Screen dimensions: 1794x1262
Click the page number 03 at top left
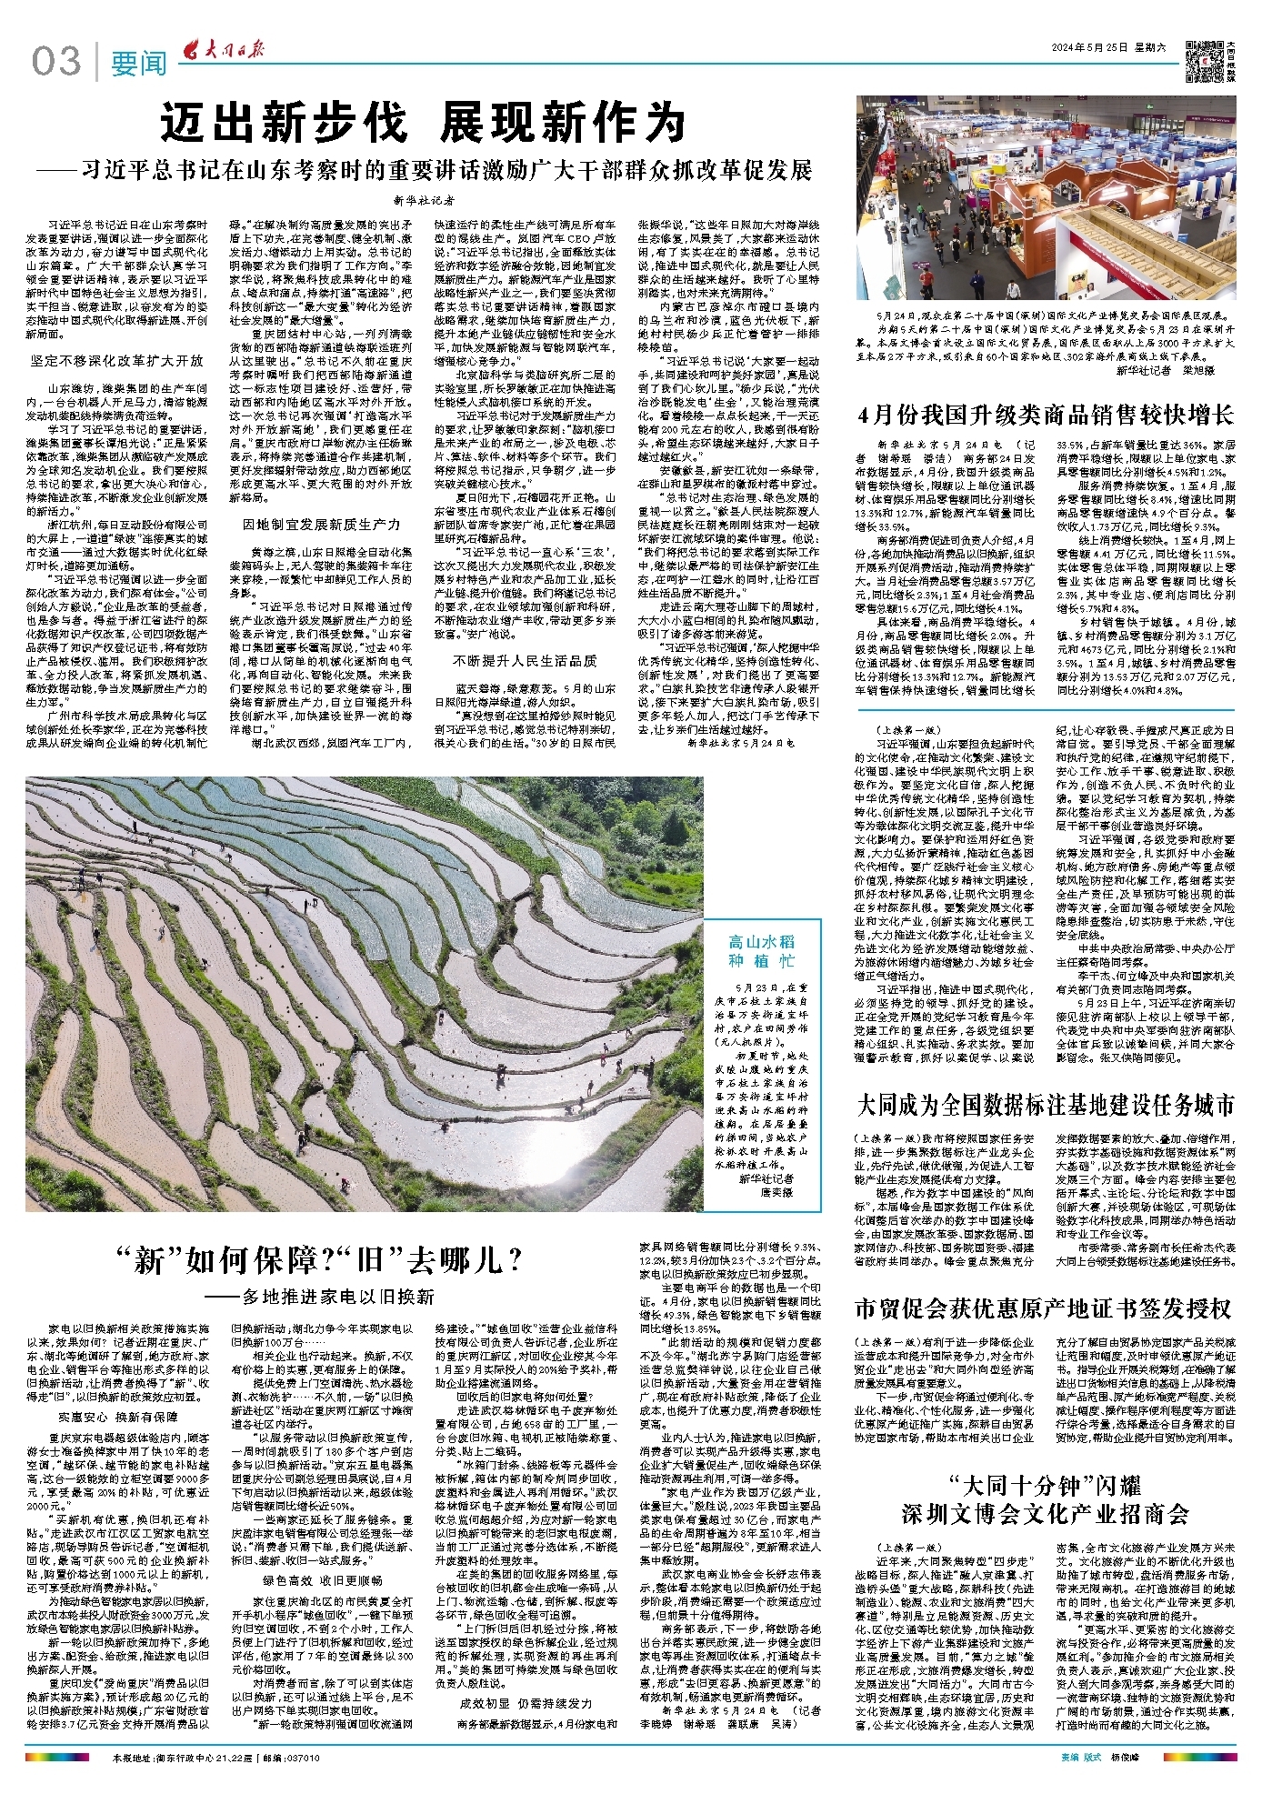[55, 62]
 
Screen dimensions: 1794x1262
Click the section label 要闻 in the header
[138, 64]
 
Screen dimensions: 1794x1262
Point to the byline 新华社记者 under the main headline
[424, 200]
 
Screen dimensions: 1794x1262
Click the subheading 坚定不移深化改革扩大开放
[116, 361]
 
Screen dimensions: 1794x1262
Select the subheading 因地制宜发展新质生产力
[320, 526]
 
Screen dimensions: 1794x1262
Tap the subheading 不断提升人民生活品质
[525, 661]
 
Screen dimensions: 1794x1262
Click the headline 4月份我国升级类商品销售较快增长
[1046, 416]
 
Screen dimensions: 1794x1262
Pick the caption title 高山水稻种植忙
[761, 951]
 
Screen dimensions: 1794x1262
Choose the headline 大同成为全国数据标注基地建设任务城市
[1046, 1106]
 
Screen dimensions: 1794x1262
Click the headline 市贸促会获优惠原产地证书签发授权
[1042, 1308]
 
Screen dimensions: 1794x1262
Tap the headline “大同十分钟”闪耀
[1045, 1487]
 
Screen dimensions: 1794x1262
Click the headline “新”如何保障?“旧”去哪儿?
[320, 1260]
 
